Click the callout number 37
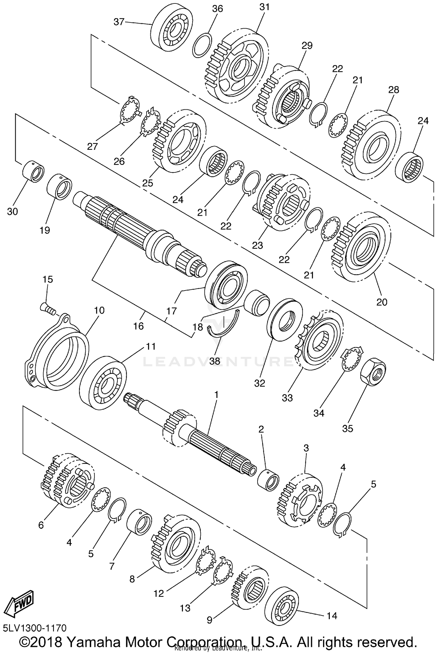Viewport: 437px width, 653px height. click(x=119, y=22)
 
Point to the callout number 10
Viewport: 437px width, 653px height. click(x=99, y=310)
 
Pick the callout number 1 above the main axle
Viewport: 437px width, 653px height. click(x=216, y=395)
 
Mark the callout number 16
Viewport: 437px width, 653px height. click(x=138, y=326)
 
